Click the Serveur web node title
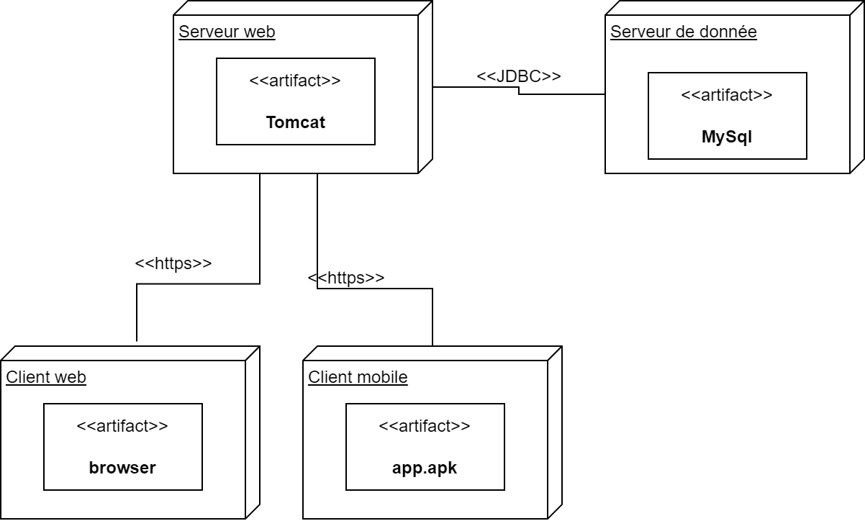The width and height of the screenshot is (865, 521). [227, 32]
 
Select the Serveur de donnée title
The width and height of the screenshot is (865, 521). [683, 32]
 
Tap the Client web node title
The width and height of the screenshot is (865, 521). [46, 377]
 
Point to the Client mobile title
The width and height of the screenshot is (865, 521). [358, 377]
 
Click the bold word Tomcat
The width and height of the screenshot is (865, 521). [295, 123]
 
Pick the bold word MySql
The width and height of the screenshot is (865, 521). [727, 137]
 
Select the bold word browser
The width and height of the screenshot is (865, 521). [122, 468]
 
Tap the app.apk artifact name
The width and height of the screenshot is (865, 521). [425, 468]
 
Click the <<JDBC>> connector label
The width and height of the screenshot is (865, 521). [519, 76]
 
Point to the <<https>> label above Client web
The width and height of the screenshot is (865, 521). [173, 263]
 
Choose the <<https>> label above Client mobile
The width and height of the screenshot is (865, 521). [346, 278]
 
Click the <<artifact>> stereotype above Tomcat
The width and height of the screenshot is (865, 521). [295, 81]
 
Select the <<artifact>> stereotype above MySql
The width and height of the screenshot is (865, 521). [727, 94]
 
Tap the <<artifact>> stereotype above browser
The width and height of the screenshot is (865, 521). [122, 426]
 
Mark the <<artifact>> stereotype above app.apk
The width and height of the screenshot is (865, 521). [425, 426]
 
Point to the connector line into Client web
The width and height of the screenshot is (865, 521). [260, 230]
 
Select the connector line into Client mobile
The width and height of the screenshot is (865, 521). [432, 317]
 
